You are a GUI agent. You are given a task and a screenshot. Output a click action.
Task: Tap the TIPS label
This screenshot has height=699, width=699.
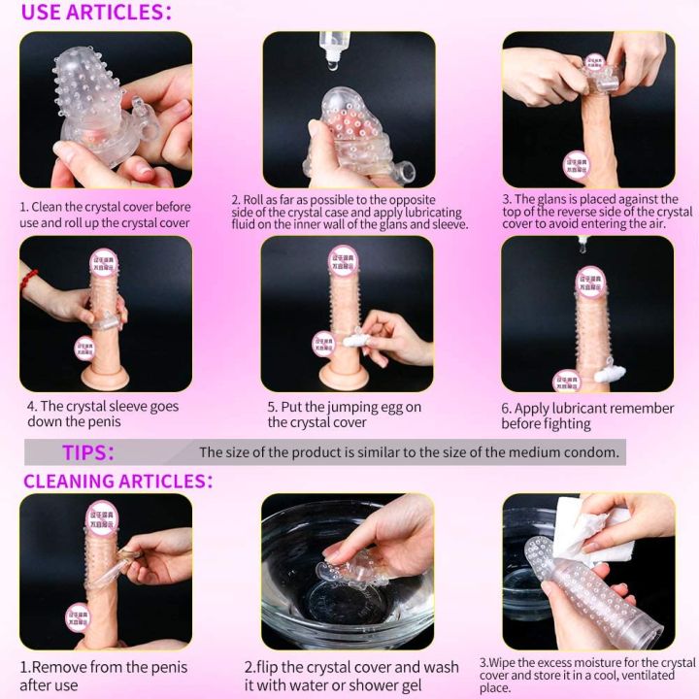pos(88,452)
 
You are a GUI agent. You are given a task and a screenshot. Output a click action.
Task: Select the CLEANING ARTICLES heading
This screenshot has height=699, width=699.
pos(116,481)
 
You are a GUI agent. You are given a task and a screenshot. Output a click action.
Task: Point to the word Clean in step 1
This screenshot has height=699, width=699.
pos(50,207)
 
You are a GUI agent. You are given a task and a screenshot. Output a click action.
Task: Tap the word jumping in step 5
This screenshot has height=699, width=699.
pos(346,407)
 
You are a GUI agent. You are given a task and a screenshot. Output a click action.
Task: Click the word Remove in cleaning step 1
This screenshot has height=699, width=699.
pos(62,667)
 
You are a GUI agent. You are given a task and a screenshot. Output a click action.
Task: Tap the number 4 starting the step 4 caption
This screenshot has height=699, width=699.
pos(32,407)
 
